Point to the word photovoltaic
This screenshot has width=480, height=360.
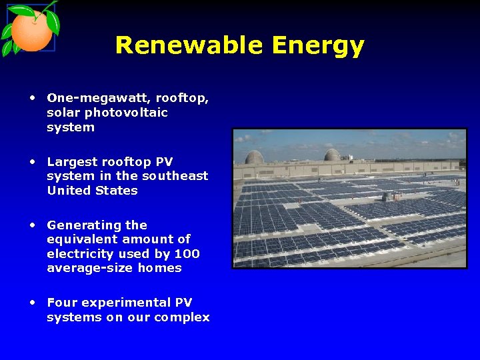coord(126,113)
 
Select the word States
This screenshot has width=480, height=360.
coord(116,191)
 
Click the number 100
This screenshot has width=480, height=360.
coord(187,254)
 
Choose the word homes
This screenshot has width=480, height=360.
coord(159,268)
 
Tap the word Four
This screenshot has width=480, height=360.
coord(61,303)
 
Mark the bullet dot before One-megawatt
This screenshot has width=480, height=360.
coord(32,97)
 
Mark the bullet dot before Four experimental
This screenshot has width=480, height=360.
coord(32,301)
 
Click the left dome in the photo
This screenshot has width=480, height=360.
coord(254,157)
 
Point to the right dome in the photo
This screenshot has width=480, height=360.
coord(332,155)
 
